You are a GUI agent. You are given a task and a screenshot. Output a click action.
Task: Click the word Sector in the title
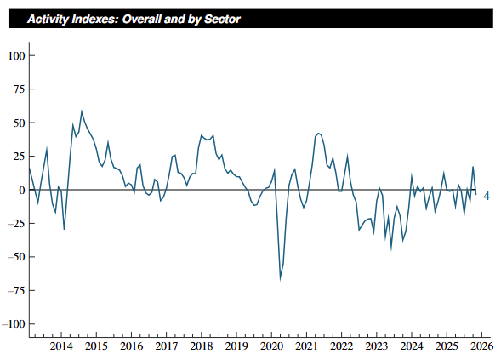(222, 20)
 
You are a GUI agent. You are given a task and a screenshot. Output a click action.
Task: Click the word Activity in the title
(48, 20)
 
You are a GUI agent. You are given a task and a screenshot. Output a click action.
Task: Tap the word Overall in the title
(142, 20)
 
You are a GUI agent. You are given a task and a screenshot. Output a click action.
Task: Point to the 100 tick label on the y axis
(17, 56)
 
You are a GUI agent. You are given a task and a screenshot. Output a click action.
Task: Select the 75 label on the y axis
(19, 89)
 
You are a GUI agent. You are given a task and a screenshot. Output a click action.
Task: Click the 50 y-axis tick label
(19, 123)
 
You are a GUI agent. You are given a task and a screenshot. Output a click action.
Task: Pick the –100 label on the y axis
(14, 324)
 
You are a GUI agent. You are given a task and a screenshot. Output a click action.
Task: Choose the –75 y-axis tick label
(16, 290)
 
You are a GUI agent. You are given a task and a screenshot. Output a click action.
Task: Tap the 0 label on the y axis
(22, 191)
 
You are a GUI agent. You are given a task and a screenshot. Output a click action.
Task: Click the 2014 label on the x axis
(61, 346)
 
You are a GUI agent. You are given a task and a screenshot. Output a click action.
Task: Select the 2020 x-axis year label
(271, 346)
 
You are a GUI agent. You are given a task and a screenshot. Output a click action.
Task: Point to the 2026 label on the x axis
(481, 346)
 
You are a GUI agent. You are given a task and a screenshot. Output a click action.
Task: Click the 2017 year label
(167, 346)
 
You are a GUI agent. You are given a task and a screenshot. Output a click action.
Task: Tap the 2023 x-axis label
(377, 346)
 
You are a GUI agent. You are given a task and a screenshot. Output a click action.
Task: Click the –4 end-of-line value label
(483, 196)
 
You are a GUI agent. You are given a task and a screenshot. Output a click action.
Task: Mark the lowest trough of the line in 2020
(280, 279)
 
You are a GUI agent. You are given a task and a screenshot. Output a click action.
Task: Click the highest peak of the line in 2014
(82, 111)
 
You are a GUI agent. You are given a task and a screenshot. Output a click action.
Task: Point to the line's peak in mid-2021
(318, 134)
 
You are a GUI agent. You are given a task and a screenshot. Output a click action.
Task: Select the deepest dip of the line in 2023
(391, 249)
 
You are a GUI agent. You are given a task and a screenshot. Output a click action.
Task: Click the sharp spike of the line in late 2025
(473, 167)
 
